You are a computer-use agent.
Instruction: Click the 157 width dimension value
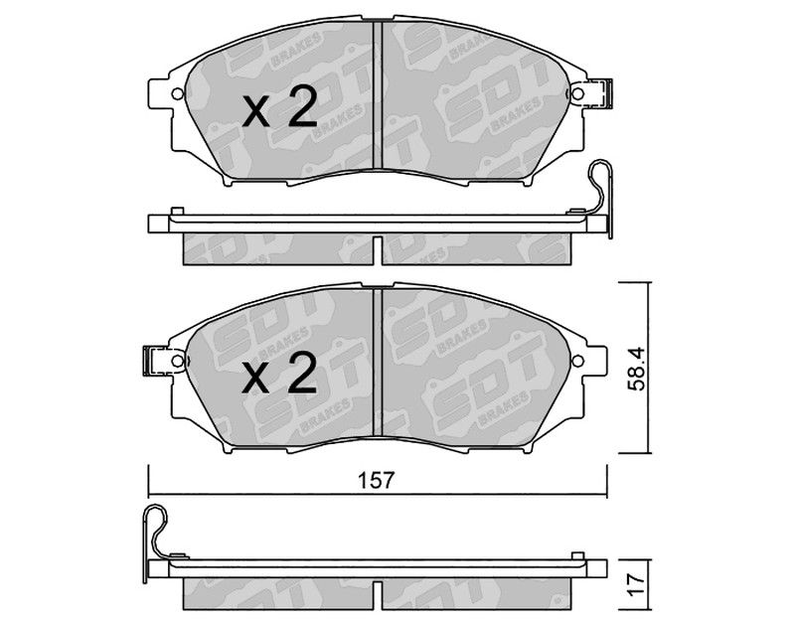pos(376,480)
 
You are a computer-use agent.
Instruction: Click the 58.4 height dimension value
pos(635,369)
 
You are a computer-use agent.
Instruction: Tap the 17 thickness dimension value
pos(636,584)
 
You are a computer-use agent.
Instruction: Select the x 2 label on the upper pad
pos(279,107)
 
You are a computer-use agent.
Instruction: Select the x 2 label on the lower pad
pos(279,375)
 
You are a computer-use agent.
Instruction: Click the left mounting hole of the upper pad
pos(178,93)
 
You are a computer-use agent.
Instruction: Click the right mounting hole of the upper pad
pos(577,93)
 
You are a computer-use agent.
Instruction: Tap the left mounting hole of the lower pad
pos(178,361)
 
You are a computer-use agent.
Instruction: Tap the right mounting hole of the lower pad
pos(577,361)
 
